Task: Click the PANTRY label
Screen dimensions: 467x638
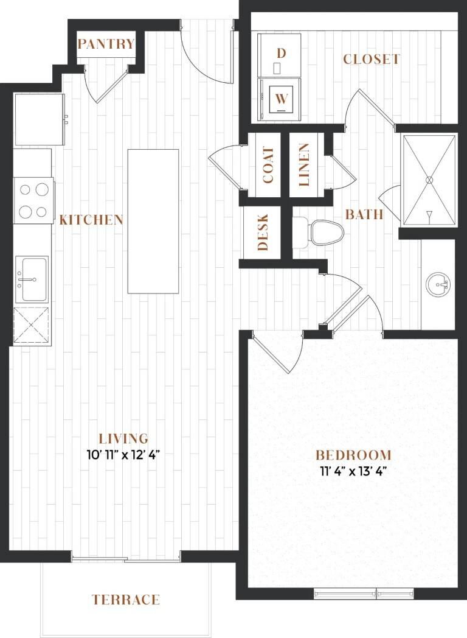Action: tap(106, 44)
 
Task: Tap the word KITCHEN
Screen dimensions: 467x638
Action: tap(91, 220)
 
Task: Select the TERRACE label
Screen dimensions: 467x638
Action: tap(126, 600)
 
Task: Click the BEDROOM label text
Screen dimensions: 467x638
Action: tap(354, 455)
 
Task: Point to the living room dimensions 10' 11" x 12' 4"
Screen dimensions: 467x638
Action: tap(125, 455)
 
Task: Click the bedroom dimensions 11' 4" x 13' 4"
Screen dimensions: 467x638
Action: tap(353, 471)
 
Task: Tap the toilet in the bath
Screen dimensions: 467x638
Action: tap(319, 233)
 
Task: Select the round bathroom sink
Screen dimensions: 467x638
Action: tap(438, 283)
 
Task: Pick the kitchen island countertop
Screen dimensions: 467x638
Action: tap(153, 221)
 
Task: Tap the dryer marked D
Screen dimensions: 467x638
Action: tap(280, 55)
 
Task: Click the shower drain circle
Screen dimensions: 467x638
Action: tap(429, 180)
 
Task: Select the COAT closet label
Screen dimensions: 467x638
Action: tap(268, 165)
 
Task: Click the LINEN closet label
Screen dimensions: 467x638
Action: tap(304, 165)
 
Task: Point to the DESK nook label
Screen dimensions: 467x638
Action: tap(263, 232)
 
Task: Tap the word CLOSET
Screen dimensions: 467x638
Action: tap(371, 60)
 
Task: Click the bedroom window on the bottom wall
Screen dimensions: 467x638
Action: tap(364, 594)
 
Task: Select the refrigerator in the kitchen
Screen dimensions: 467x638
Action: tap(40, 119)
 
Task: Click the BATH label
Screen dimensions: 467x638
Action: tap(364, 214)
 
